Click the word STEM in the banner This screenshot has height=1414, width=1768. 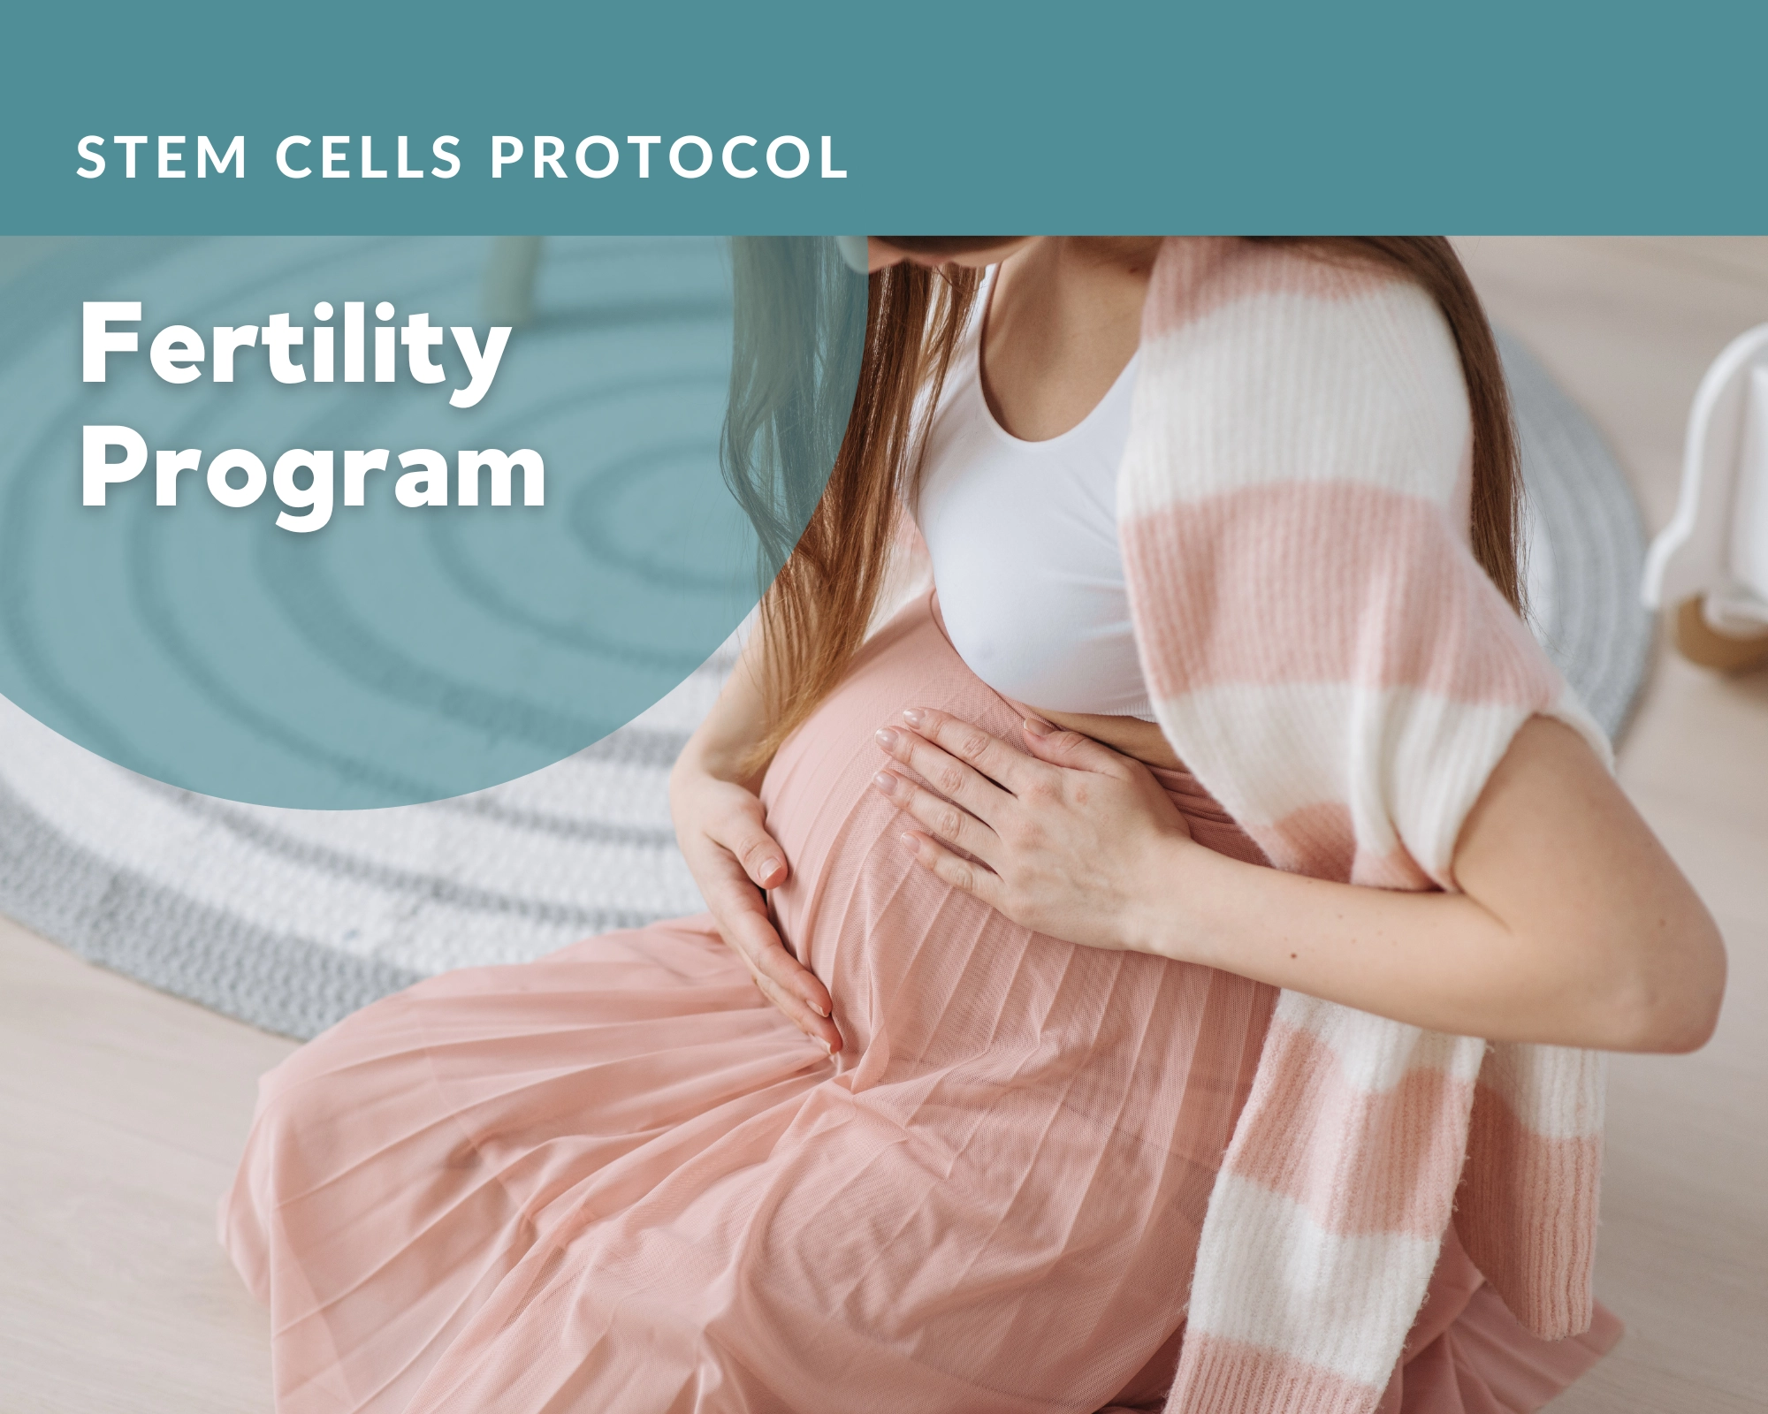point(162,157)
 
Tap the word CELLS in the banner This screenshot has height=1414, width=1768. point(370,157)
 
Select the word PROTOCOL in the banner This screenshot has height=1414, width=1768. point(669,157)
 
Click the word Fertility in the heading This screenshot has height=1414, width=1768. point(295,346)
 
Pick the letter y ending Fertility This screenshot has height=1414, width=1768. point(476,364)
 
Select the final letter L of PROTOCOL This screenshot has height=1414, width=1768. point(833,157)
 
